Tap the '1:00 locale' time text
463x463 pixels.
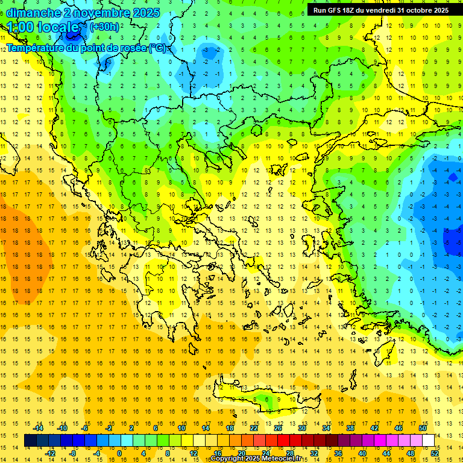[x=43, y=27]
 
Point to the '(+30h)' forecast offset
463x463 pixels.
[x=104, y=27]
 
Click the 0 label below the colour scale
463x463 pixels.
[x=119, y=453]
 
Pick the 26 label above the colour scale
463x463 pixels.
[x=279, y=428]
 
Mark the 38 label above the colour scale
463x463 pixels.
[x=350, y=428]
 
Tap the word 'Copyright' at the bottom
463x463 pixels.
[x=228, y=459]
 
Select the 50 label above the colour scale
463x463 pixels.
[x=422, y=428]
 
